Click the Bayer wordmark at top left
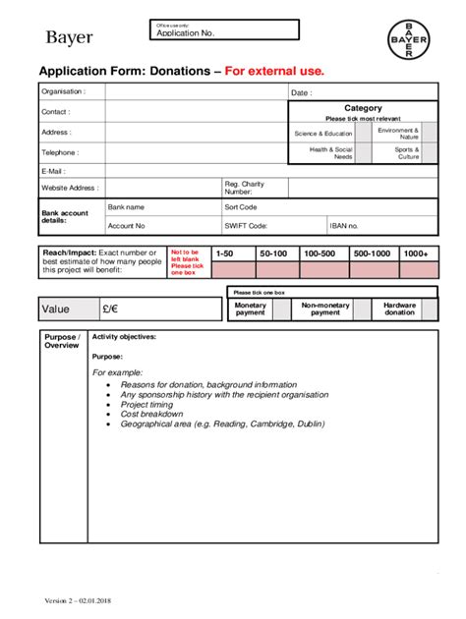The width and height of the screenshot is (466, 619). coord(69,38)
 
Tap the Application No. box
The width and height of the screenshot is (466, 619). coord(225,30)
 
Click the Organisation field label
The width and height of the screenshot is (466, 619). coord(62,91)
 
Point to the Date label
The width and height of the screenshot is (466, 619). coord(301,93)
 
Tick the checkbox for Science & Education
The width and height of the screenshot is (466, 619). coord(363,133)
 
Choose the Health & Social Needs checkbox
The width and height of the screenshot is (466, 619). coord(363,153)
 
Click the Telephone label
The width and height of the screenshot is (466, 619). coord(59,153)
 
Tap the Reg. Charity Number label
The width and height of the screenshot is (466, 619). coord(245,188)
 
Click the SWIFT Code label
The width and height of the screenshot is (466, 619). coord(245,226)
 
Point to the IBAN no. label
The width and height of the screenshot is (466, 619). coord(344,226)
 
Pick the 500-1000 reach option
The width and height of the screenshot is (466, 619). coord(372,253)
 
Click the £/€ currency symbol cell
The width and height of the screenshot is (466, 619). coord(109,309)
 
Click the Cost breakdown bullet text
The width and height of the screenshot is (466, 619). coord(148,415)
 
